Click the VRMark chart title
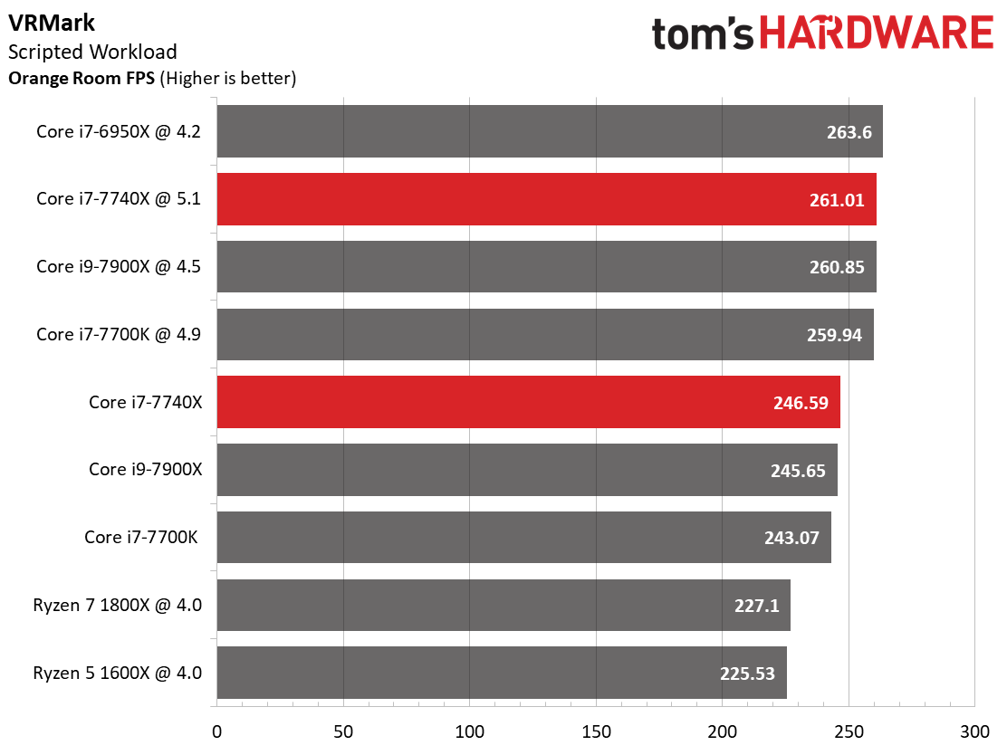pyautogui.click(x=52, y=24)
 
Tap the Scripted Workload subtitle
pyautogui.click(x=92, y=52)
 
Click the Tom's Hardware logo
pyautogui.click(x=822, y=33)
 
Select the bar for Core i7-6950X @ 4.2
pyautogui.click(x=550, y=131)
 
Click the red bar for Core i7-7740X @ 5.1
pyautogui.click(x=547, y=199)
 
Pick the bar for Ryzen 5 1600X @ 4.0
pyautogui.click(x=502, y=673)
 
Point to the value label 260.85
pyautogui.click(x=837, y=267)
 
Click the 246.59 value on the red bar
pyautogui.click(x=801, y=403)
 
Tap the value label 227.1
pyautogui.click(x=756, y=606)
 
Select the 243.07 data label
pyautogui.click(x=791, y=538)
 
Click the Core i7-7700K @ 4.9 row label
pyautogui.click(x=118, y=334)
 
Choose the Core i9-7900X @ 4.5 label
pyautogui.click(x=118, y=266)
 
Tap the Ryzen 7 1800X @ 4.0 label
pyautogui.click(x=118, y=606)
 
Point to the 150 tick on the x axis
pyautogui.click(x=596, y=731)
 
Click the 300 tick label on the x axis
pyautogui.click(x=975, y=731)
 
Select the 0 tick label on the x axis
pyautogui.click(x=217, y=731)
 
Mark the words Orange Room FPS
pyautogui.click(x=82, y=79)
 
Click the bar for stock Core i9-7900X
pyautogui.click(x=527, y=469)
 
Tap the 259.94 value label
pyautogui.click(x=834, y=334)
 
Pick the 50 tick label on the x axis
pyautogui.click(x=343, y=731)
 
